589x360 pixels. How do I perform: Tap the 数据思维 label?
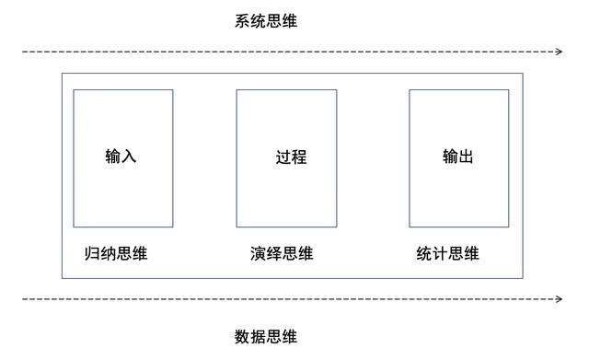click(x=266, y=337)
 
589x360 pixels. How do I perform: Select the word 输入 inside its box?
click(x=121, y=156)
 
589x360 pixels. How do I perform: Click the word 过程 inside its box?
click(x=291, y=157)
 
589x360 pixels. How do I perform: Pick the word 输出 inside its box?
click(x=458, y=156)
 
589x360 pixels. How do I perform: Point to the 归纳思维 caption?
click(x=115, y=254)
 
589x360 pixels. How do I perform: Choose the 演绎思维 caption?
click(x=282, y=254)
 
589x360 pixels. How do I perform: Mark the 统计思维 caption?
click(x=447, y=254)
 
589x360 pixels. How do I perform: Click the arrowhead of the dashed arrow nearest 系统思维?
click(x=559, y=52)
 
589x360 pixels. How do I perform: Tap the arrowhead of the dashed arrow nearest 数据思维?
click(x=559, y=299)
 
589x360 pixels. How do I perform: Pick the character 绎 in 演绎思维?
click(x=274, y=254)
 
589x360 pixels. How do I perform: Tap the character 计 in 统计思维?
click(x=440, y=254)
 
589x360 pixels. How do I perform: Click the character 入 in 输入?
click(x=129, y=156)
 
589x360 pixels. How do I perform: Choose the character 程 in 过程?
click(x=299, y=157)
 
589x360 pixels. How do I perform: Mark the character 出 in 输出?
click(x=467, y=156)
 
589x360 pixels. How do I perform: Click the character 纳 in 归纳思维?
click(x=108, y=254)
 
